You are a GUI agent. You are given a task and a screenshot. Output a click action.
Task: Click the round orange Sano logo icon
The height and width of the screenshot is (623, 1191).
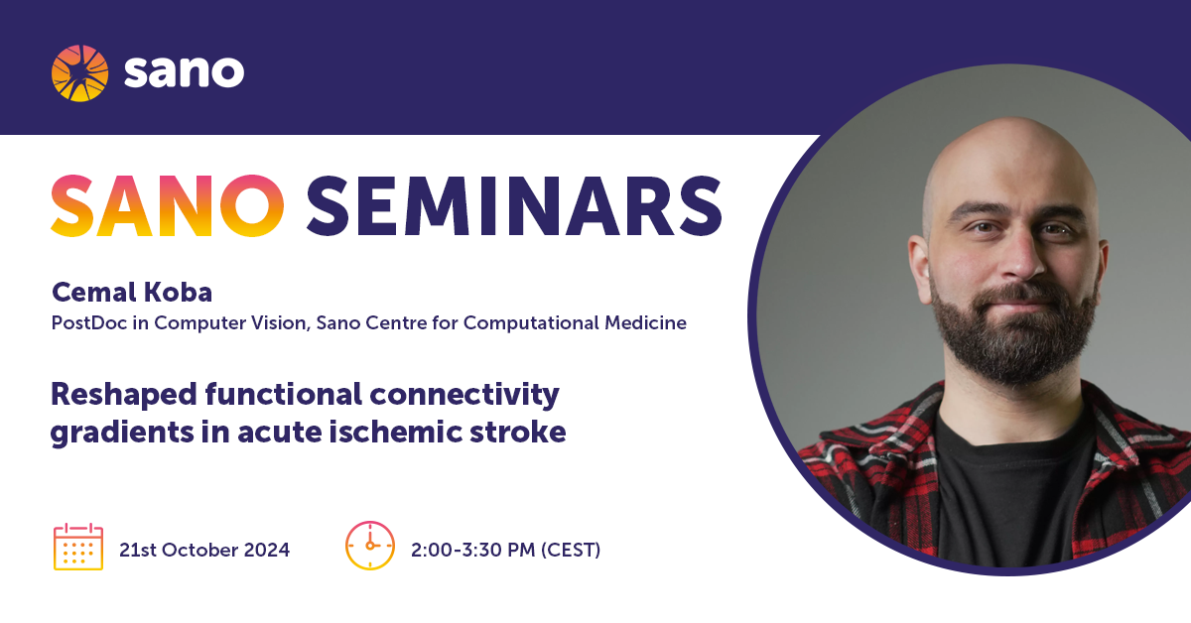pyautogui.click(x=79, y=72)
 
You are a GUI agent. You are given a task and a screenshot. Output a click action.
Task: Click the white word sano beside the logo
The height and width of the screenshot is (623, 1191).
pyautogui.click(x=184, y=71)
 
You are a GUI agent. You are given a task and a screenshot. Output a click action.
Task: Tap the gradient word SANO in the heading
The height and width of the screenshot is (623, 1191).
pyautogui.click(x=168, y=205)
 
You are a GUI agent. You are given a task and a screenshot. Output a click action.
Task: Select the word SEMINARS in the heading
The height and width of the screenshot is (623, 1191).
pyautogui.click(x=514, y=205)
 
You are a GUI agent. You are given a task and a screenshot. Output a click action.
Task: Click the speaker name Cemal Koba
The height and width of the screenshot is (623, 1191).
pyautogui.click(x=132, y=292)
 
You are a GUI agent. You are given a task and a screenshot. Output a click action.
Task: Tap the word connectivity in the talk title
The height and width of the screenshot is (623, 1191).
pyautogui.click(x=464, y=396)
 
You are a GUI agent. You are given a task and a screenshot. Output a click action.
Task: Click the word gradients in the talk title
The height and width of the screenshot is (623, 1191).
pyautogui.click(x=122, y=433)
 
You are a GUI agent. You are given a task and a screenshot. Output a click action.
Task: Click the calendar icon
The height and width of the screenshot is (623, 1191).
pyautogui.click(x=78, y=547)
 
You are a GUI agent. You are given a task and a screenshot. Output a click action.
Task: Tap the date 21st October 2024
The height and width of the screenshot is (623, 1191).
pyautogui.click(x=204, y=550)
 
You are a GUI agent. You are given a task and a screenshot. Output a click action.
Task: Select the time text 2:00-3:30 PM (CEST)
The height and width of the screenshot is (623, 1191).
pyautogui.click(x=505, y=550)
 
